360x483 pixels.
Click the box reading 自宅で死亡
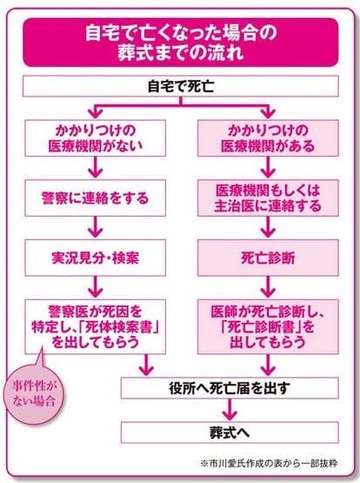[181, 86]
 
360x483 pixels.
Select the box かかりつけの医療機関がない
[96, 138]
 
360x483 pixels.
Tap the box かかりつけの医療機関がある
[268, 138]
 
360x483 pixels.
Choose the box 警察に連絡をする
[96, 198]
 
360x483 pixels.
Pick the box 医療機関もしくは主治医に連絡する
[268, 198]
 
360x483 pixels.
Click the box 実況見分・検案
[96, 258]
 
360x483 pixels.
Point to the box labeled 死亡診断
[268, 258]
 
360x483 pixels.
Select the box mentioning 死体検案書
[96, 327]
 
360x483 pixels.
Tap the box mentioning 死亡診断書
[268, 327]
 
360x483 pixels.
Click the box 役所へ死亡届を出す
[230, 388]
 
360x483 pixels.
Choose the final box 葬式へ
[230, 433]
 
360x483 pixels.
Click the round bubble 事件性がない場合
[33, 394]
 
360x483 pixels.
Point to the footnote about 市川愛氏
[269, 463]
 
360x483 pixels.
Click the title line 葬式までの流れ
[181, 53]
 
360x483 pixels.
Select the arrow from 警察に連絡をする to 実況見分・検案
[96, 228]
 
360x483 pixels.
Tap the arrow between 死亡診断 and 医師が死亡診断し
[268, 287]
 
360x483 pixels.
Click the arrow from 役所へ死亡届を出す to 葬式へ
[230, 410]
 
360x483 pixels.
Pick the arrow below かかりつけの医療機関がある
[268, 168]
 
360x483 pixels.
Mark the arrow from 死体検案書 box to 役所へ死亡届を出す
[146, 365]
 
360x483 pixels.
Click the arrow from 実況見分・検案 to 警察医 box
[96, 287]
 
